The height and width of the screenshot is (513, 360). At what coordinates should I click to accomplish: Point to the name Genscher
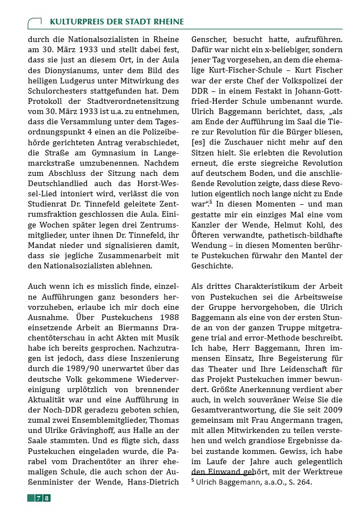pyautogui.click(x=211, y=41)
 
